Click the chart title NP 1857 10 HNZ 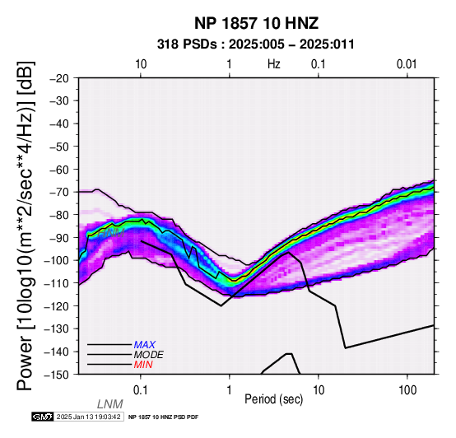pyautogui.click(x=256, y=23)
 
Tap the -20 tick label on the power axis pyautogui.click(x=59, y=78)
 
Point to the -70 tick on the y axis pyautogui.click(x=59, y=192)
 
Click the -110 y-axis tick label pyautogui.click(x=57, y=283)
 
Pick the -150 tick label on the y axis pyautogui.click(x=57, y=375)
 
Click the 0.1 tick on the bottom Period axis pyautogui.click(x=141, y=390)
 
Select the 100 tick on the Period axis pyautogui.click(x=407, y=390)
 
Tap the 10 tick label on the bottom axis pyautogui.click(x=319, y=390)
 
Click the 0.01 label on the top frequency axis pyautogui.click(x=407, y=64)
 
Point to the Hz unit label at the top pyautogui.click(x=274, y=64)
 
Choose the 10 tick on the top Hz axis pyautogui.click(x=141, y=64)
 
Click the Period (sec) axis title pyautogui.click(x=273, y=399)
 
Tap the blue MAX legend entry pyautogui.click(x=145, y=345)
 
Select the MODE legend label pyautogui.click(x=149, y=355)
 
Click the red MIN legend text pyautogui.click(x=143, y=365)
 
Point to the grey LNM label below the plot pyautogui.click(x=110, y=404)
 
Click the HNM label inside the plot pyautogui.click(x=111, y=233)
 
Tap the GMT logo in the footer pyautogui.click(x=43, y=417)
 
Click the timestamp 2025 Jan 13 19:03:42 pyautogui.click(x=88, y=417)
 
